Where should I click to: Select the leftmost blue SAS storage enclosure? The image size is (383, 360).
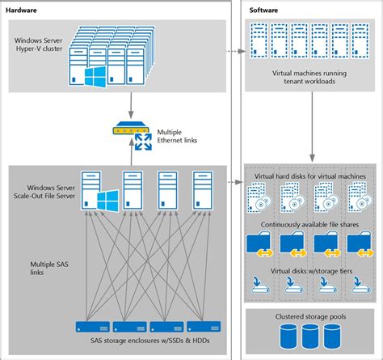pos(91,327)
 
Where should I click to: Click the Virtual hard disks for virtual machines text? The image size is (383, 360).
pos(311,176)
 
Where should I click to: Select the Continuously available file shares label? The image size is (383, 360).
pos(311,226)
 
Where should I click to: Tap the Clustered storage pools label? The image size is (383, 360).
pos(311,318)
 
